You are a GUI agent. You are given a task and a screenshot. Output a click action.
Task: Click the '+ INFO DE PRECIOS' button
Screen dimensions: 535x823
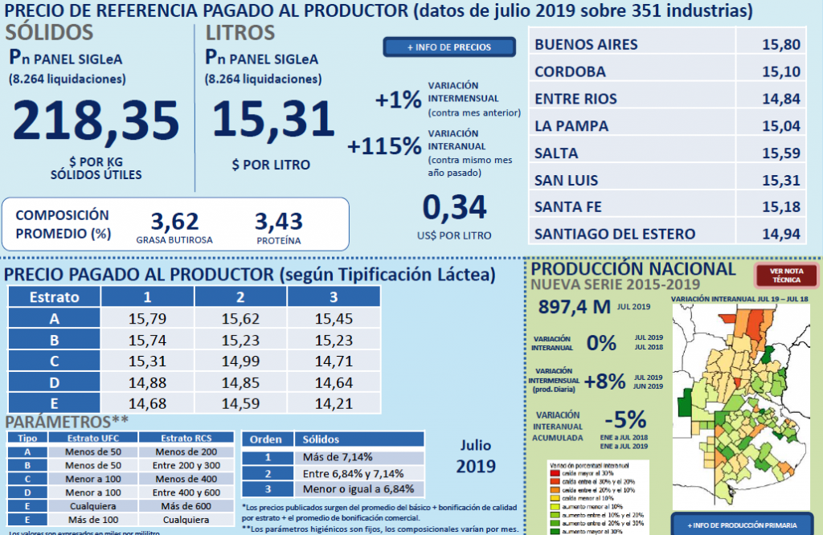pyautogui.click(x=448, y=47)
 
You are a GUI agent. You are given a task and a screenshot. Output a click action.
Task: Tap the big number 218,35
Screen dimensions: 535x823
pyautogui.click(x=96, y=120)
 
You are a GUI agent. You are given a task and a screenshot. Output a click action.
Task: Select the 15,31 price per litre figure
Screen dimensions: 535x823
pyautogui.click(x=273, y=119)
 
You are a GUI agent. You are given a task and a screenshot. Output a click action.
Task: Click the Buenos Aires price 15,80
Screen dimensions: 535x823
pyautogui.click(x=780, y=44)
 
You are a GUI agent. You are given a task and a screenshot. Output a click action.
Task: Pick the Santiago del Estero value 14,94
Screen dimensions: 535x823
pyautogui.click(x=780, y=234)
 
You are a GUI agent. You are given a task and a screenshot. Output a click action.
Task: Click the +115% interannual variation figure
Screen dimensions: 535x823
pyautogui.click(x=385, y=146)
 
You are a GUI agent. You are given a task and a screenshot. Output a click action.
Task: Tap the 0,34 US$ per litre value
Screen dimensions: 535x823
pyautogui.click(x=455, y=207)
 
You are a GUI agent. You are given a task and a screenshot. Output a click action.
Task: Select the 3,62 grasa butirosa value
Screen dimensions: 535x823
pyautogui.click(x=174, y=220)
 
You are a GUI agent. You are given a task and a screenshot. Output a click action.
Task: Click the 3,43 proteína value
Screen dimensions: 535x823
pyautogui.click(x=278, y=220)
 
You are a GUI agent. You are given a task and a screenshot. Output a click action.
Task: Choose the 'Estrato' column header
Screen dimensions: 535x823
pyautogui.click(x=54, y=296)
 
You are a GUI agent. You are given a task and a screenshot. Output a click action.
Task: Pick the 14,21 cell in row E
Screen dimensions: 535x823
pyautogui.click(x=334, y=402)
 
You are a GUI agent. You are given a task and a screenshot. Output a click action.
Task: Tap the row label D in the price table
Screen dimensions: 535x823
pyautogui.click(x=54, y=382)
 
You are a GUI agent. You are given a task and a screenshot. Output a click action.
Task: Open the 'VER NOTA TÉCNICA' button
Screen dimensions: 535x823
pyautogui.click(x=787, y=276)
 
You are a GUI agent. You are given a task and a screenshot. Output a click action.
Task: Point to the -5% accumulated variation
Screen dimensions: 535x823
pyautogui.click(x=624, y=419)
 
